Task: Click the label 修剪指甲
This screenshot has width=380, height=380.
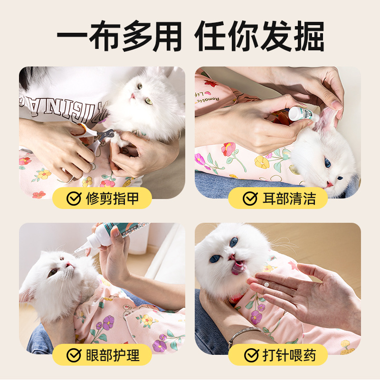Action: click(x=112, y=199)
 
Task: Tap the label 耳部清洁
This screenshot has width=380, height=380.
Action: click(x=289, y=199)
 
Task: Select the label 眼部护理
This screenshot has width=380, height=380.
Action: click(x=113, y=355)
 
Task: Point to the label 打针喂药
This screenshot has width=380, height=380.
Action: click(x=289, y=355)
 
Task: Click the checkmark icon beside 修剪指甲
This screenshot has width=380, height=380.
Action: click(x=74, y=199)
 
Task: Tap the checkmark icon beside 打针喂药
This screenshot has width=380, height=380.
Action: click(x=251, y=355)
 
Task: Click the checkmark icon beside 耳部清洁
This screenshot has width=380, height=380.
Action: click(x=250, y=199)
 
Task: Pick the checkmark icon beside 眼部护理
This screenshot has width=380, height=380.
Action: click(x=74, y=355)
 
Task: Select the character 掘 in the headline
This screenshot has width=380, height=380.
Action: click(x=309, y=36)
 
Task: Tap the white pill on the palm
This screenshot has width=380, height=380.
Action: click(x=266, y=285)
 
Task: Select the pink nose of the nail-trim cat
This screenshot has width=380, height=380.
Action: click(x=133, y=96)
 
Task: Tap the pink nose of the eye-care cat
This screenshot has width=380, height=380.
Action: click(x=68, y=264)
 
